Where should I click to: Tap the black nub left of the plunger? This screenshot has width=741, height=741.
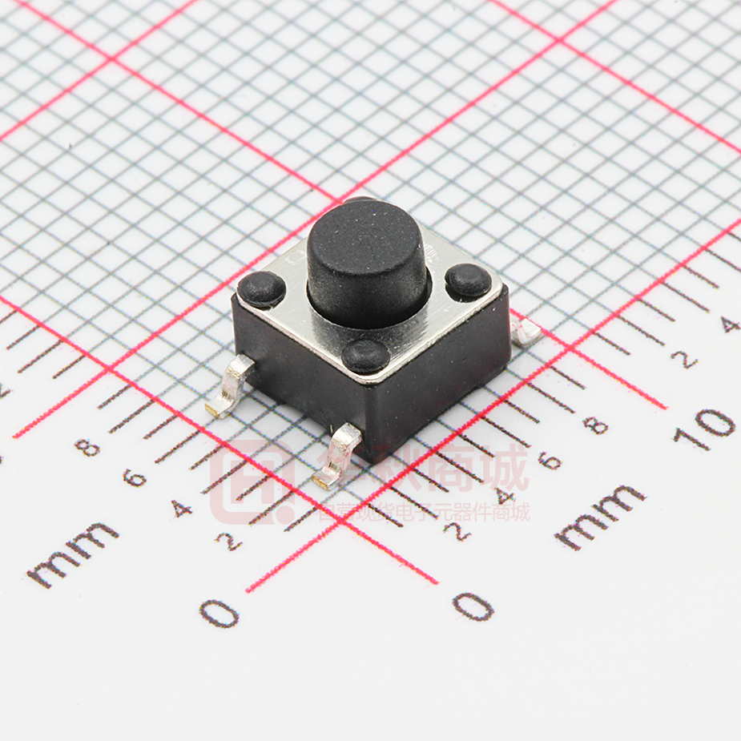tap(261, 288)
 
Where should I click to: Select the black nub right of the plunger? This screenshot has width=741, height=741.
tap(469, 281)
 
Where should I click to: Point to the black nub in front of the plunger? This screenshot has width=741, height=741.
tap(366, 355)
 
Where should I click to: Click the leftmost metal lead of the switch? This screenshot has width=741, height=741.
tap(230, 388)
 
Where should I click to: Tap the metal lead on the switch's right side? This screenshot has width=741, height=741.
tap(526, 331)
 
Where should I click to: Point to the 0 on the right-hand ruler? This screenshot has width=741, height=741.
tap(473, 606)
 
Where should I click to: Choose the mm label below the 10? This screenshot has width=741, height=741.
tap(601, 517)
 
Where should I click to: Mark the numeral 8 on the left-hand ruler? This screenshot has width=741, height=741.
tap(87, 446)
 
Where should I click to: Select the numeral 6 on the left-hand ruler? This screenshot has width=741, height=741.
tap(135, 478)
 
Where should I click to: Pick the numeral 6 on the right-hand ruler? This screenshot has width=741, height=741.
tap(548, 460)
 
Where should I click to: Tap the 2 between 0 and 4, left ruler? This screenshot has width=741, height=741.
tap(228, 542)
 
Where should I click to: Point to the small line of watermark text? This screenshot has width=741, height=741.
tap(425, 511)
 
